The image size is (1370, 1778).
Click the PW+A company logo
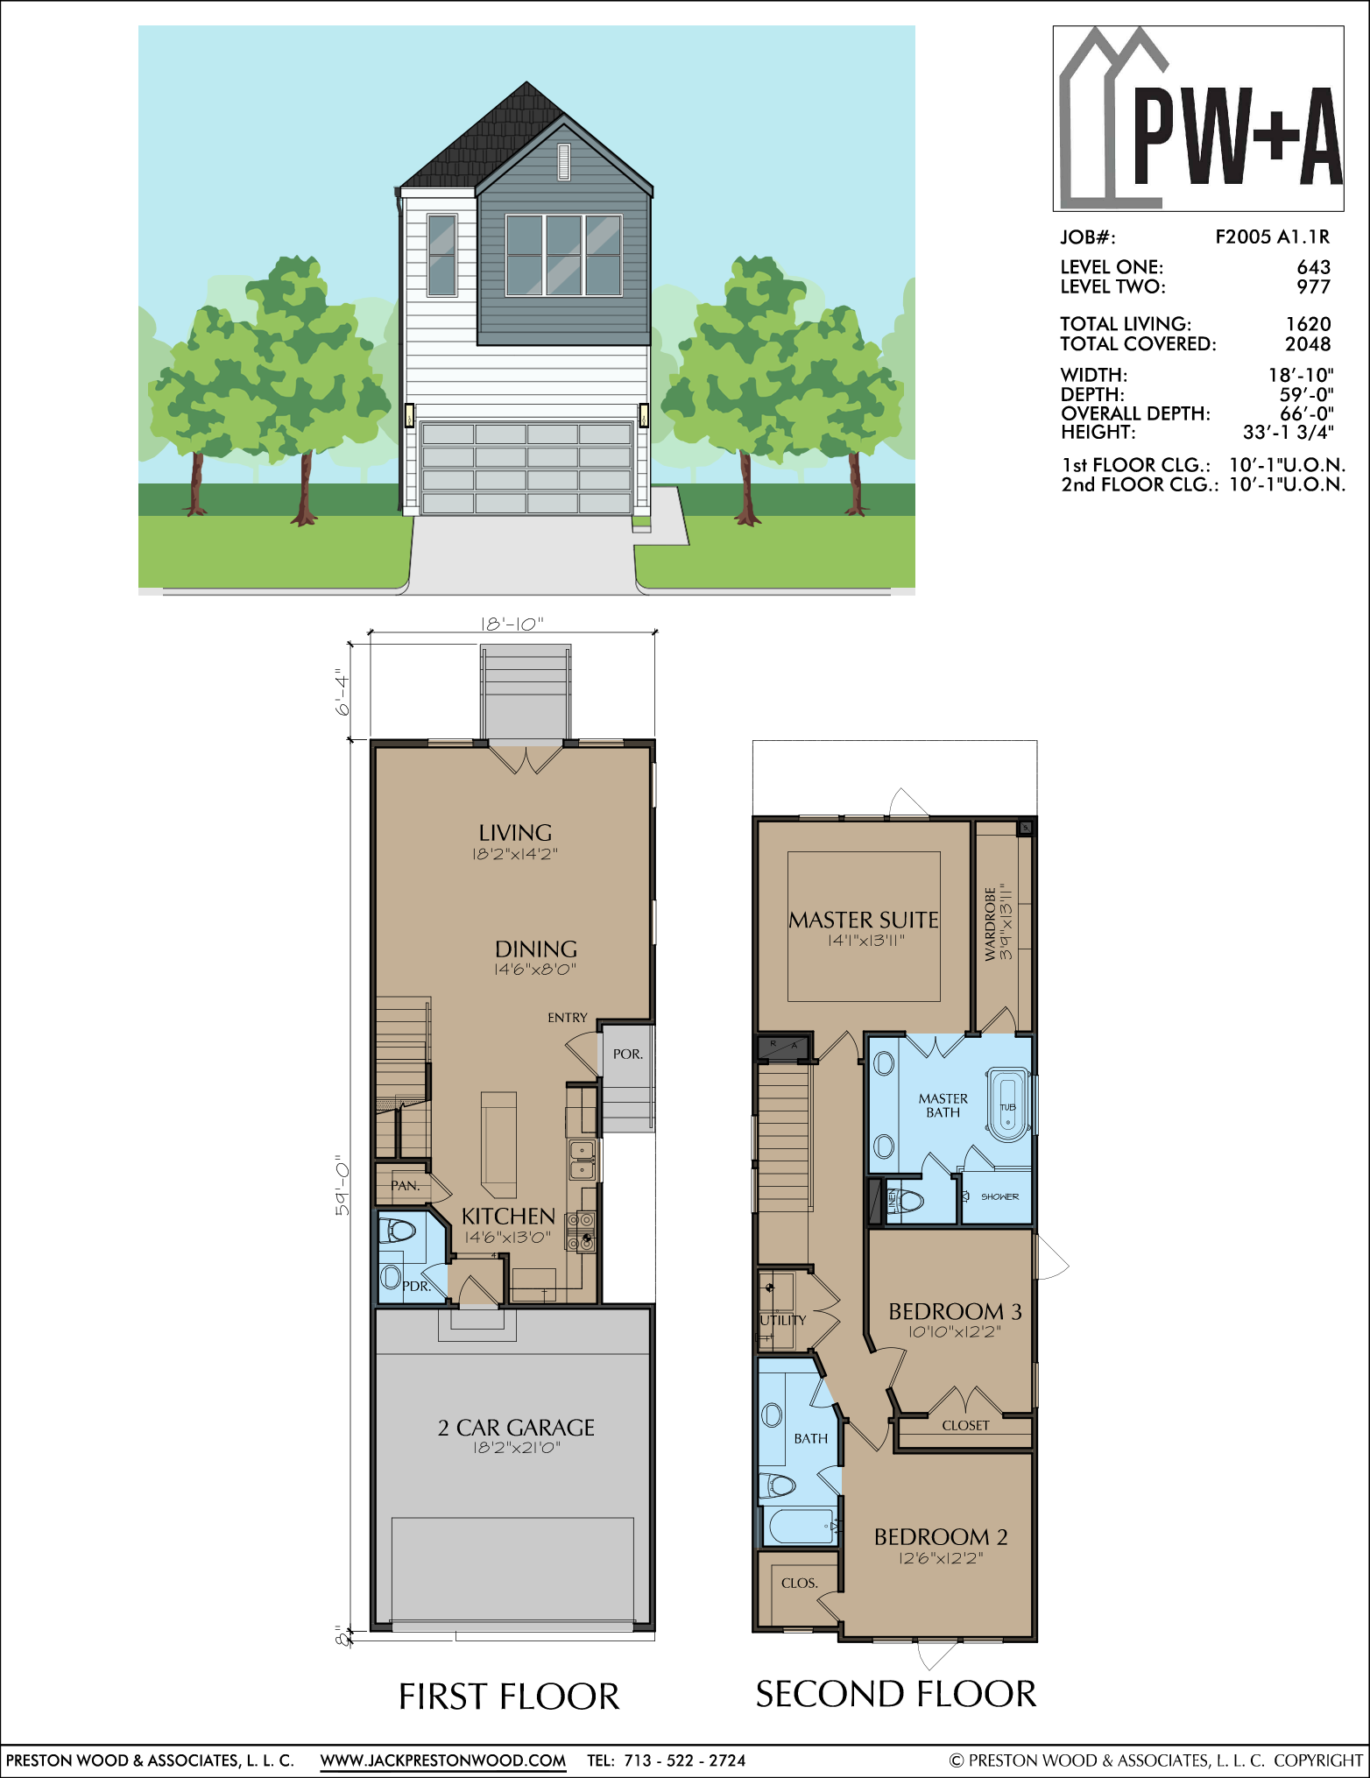(x=1198, y=118)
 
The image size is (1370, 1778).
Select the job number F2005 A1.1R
(x=1272, y=236)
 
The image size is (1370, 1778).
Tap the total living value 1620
(x=1308, y=324)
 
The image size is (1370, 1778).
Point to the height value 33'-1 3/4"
(x=1288, y=432)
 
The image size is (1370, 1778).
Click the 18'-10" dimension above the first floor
(x=512, y=624)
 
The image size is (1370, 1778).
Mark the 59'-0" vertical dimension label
(x=342, y=1188)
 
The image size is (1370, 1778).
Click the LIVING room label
(x=515, y=833)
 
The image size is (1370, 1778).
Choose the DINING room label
(x=536, y=949)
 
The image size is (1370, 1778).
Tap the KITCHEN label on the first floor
(x=508, y=1217)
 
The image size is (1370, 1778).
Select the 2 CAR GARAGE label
(x=516, y=1428)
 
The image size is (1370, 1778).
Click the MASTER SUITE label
(x=864, y=920)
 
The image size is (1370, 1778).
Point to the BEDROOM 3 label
(x=955, y=1311)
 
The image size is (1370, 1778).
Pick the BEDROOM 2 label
(x=941, y=1536)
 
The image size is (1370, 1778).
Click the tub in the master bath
(x=1007, y=1104)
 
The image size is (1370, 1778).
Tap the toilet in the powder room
(x=398, y=1231)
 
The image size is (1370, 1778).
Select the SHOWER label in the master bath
(x=999, y=1196)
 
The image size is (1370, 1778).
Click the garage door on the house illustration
(x=526, y=468)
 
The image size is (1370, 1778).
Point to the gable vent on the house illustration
(x=563, y=160)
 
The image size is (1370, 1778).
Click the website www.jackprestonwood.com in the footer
(x=442, y=1760)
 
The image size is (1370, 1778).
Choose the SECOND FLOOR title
(x=896, y=1694)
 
